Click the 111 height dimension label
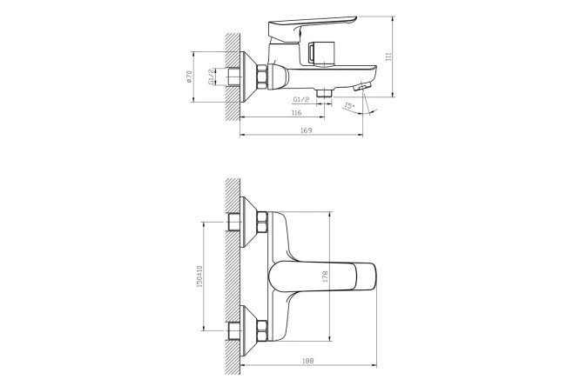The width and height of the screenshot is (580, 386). coord(388,57)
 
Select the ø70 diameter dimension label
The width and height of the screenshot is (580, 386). coord(189,77)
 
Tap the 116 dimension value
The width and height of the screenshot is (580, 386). coord(296,113)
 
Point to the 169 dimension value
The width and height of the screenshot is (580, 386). coord(307,130)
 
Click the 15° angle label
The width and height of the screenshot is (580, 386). coord(349,106)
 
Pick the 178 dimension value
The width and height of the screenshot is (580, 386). coord(326,276)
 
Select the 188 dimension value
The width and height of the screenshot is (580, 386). coord(307,361)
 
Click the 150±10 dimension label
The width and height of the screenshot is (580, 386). coord(199,276)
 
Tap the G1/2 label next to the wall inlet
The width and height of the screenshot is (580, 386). coord(212,77)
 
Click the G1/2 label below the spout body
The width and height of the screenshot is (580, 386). coord(300,99)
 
